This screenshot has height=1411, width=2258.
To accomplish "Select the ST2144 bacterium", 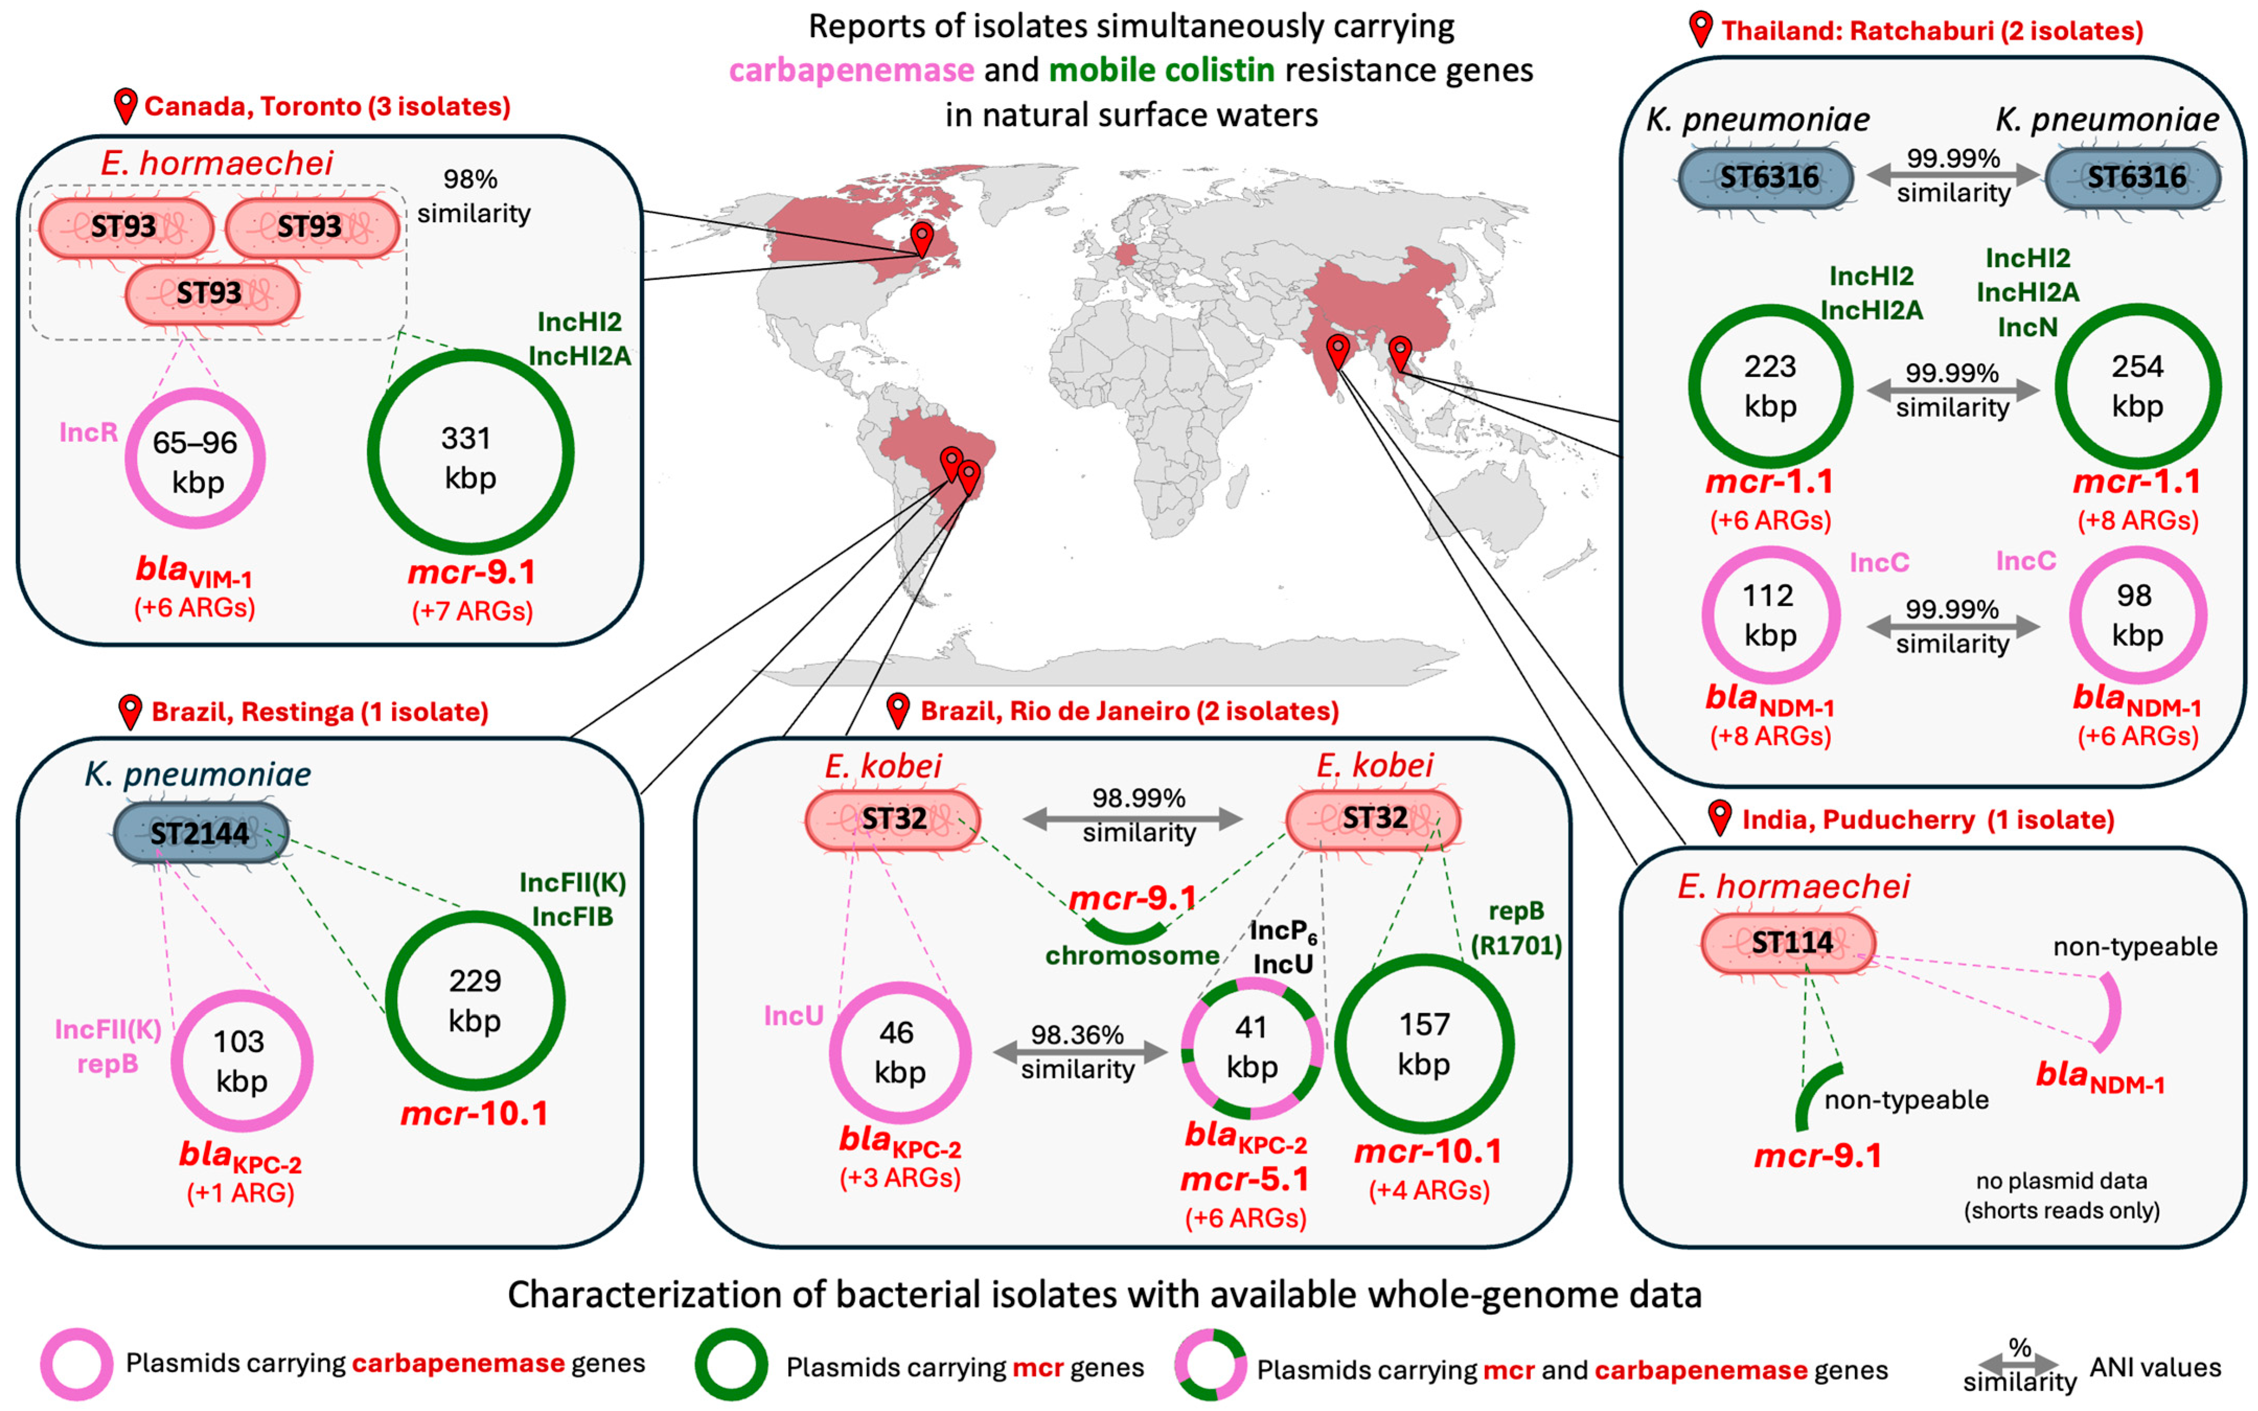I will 201,832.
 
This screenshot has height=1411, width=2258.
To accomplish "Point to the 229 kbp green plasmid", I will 475,1001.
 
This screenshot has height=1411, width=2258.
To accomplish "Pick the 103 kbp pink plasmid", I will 241,1061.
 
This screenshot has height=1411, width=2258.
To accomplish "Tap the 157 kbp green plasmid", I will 1424,1044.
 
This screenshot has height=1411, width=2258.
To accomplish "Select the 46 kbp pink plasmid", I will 900,1053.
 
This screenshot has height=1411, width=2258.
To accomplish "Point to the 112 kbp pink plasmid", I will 1770,615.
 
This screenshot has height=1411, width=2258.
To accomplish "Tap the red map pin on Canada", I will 922,238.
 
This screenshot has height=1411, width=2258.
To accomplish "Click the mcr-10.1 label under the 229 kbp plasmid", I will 475,1114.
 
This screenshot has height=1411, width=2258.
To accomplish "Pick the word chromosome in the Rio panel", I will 1132,956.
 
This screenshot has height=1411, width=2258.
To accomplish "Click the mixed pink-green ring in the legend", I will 1210,1364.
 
